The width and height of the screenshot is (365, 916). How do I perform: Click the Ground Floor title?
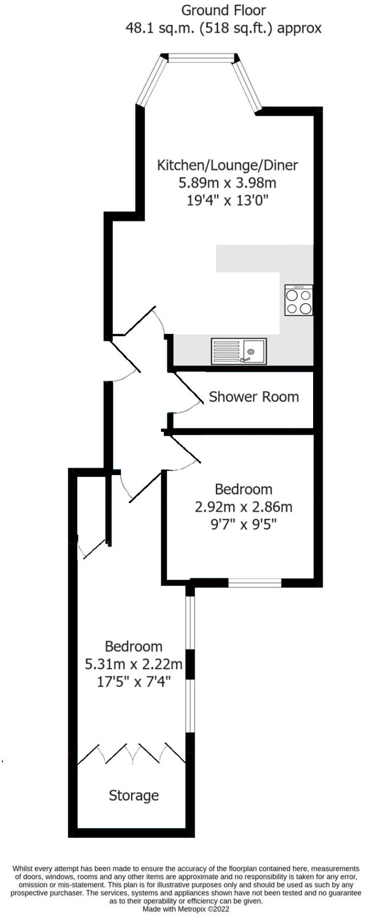pyautogui.click(x=223, y=10)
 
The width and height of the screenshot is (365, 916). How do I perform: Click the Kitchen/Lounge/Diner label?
pyautogui.click(x=228, y=165)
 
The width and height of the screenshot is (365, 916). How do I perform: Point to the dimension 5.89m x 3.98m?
pyautogui.click(x=228, y=183)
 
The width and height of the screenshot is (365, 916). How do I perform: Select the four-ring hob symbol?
pyautogui.click(x=299, y=300)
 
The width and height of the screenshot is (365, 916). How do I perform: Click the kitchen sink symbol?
pyautogui.click(x=238, y=351)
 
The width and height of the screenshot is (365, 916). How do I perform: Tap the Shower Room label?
pyautogui.click(x=254, y=397)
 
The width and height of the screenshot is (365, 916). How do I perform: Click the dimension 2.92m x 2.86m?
pyautogui.click(x=243, y=507)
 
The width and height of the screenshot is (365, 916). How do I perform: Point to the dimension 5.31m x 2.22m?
pyautogui.click(x=134, y=664)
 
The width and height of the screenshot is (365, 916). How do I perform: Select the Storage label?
pyautogui.click(x=134, y=796)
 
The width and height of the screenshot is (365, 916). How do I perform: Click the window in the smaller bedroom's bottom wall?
pyautogui.click(x=255, y=583)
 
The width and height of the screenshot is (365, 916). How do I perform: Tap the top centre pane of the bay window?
pyautogui.click(x=201, y=59)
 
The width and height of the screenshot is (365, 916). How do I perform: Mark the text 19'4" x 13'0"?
pyautogui.click(x=228, y=200)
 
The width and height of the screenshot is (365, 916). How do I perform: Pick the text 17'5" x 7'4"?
pyautogui.click(x=134, y=682)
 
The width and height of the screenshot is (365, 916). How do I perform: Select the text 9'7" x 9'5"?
pyautogui.click(x=243, y=524)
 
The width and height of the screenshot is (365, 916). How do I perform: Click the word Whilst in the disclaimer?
pyautogui.click(x=22, y=868)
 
